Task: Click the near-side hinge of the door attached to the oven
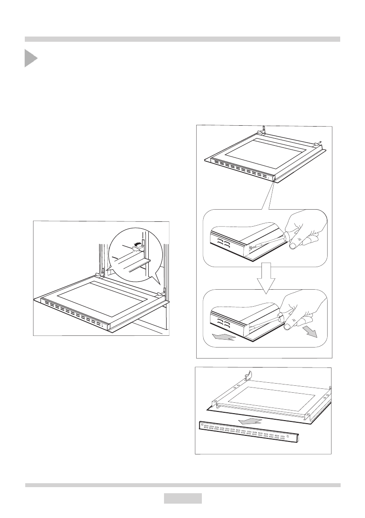coord(162,292)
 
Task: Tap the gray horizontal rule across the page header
coord(182,39)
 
